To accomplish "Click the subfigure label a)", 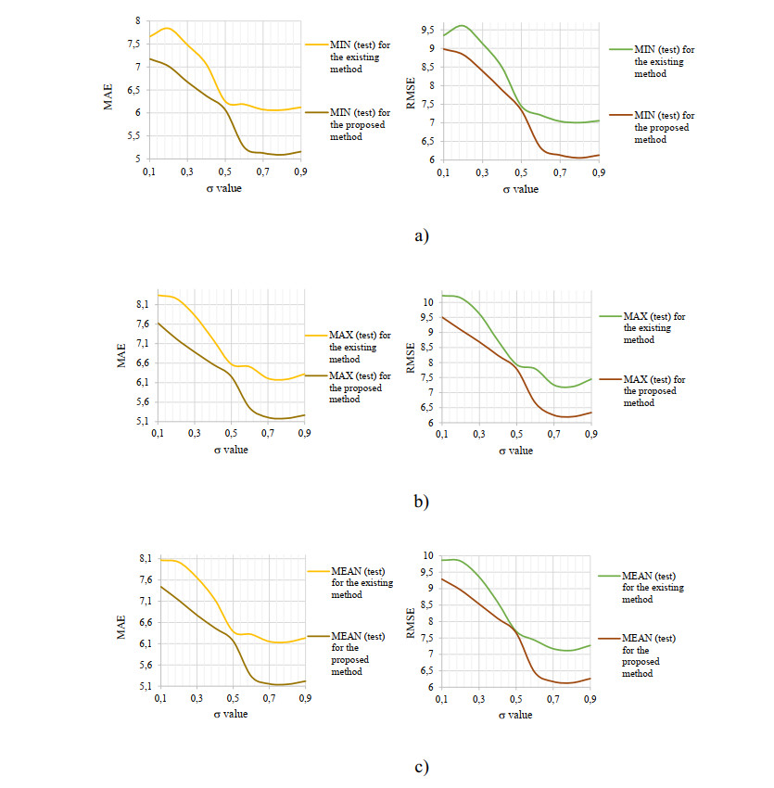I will point(422,235).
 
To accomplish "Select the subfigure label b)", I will point(422,502).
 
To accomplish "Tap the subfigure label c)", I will point(422,767).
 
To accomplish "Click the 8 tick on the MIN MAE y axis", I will point(137,20).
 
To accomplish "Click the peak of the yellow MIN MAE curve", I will point(168,28).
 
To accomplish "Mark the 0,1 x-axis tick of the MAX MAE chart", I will point(158,435).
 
